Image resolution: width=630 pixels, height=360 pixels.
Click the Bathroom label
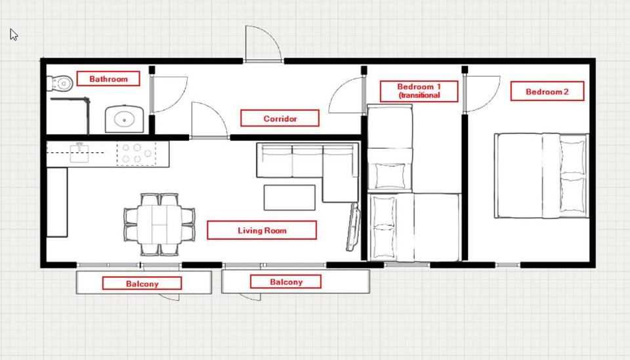click(108, 79)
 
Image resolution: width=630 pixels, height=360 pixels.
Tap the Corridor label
click(280, 119)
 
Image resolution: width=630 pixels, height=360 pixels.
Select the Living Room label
click(262, 230)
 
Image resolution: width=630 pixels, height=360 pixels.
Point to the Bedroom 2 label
click(547, 92)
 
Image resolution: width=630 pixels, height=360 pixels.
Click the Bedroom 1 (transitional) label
click(419, 91)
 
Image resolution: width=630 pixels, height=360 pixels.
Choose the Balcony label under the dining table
click(142, 283)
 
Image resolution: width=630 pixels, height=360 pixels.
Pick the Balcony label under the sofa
click(285, 282)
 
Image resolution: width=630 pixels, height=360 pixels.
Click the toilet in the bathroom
click(60, 84)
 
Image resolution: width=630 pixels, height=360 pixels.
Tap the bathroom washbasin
click(124, 119)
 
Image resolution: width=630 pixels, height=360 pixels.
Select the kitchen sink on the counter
click(79, 153)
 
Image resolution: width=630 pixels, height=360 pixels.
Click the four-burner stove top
click(136, 153)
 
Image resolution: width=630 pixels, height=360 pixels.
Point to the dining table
click(159, 224)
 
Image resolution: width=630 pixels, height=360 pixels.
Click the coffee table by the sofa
click(289, 197)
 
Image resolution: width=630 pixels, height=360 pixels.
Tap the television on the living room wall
click(353, 227)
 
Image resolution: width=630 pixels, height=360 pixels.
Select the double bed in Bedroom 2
click(541, 176)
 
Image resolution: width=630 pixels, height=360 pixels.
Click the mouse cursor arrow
click(14, 35)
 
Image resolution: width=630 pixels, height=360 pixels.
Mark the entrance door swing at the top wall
click(263, 43)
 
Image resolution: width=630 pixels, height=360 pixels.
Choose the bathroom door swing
click(169, 94)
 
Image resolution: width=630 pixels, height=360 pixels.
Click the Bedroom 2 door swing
click(482, 94)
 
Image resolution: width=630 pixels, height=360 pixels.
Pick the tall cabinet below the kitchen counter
click(57, 202)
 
